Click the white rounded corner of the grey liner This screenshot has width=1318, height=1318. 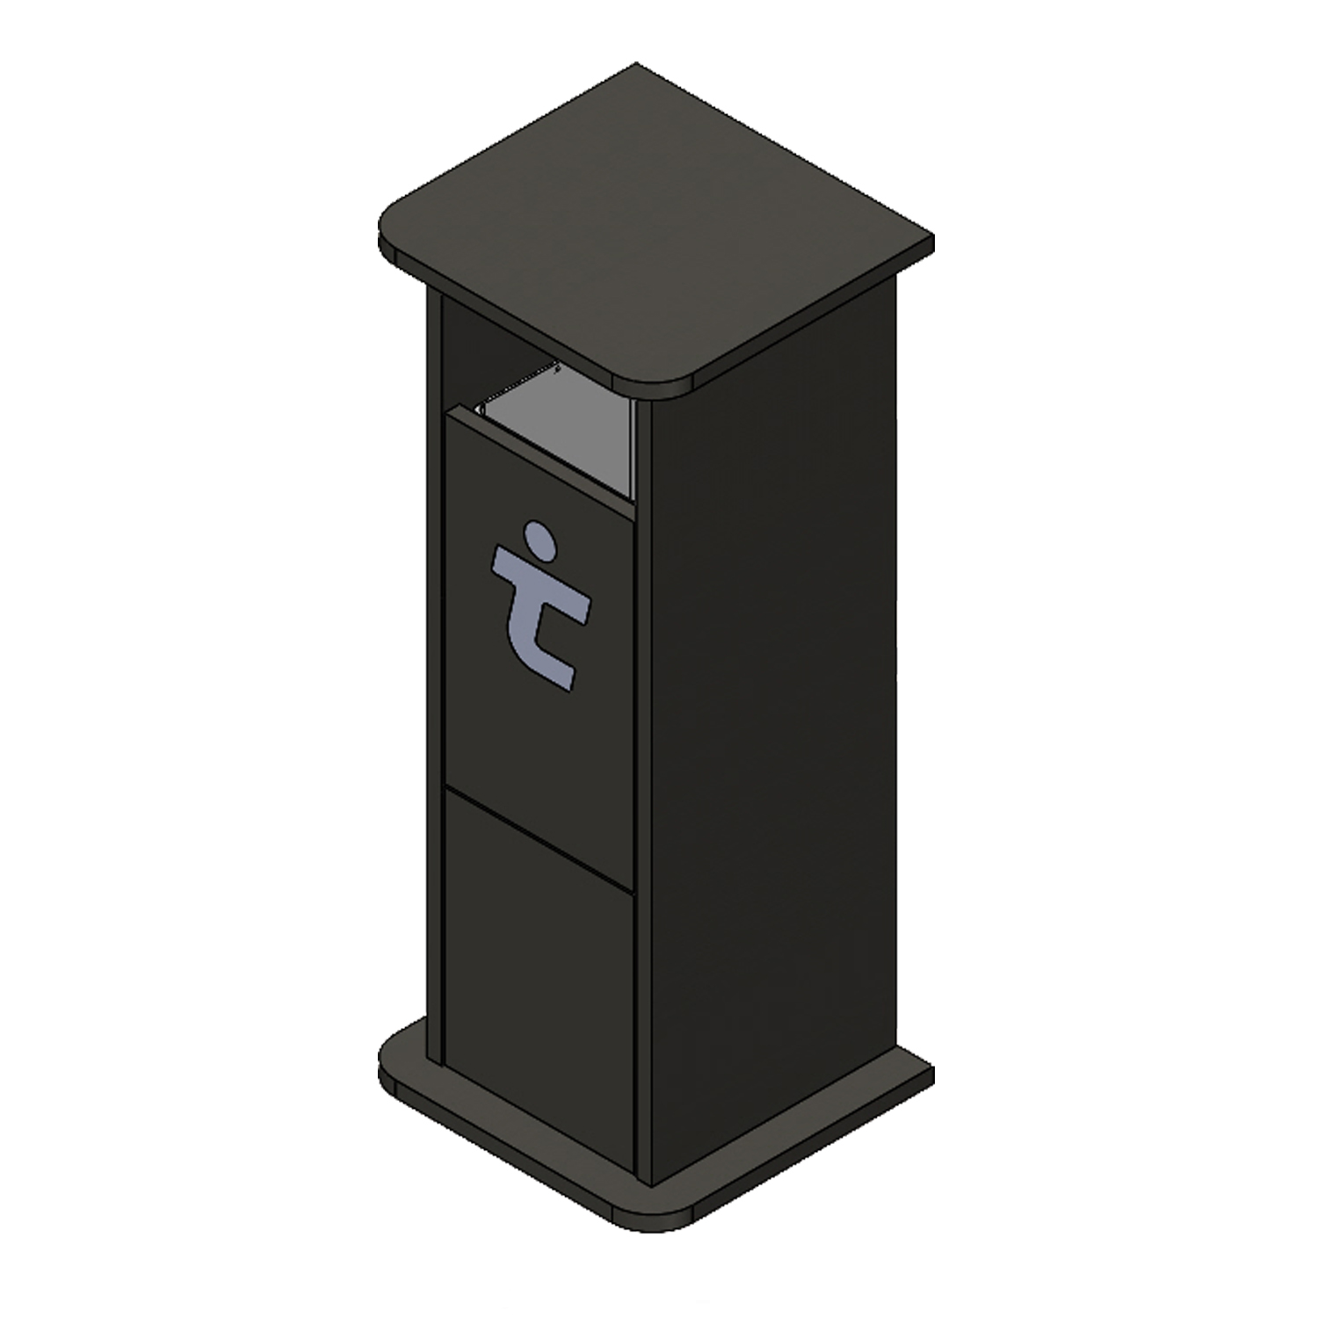481,409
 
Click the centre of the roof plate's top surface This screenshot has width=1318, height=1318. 655,228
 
